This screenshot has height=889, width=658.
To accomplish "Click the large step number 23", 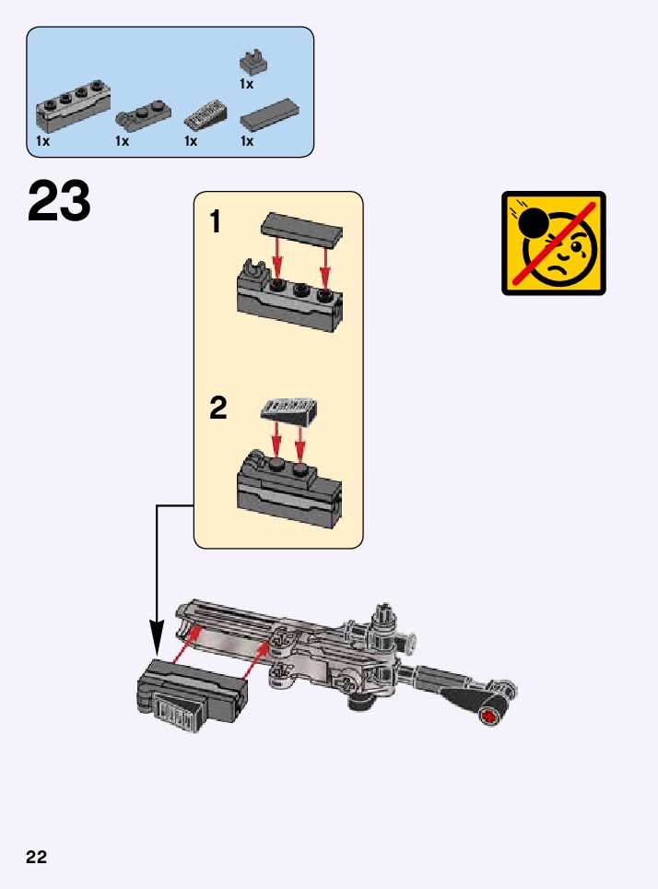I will tap(60, 202).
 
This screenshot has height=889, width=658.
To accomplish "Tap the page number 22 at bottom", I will tap(36, 857).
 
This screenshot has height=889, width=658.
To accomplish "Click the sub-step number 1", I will tap(216, 222).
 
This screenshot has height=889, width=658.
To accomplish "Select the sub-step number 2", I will tap(217, 408).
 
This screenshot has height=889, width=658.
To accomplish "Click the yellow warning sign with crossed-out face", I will tap(554, 243).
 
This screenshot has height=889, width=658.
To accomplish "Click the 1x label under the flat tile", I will tap(247, 141).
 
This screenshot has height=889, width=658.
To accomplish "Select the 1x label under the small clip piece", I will tap(246, 84).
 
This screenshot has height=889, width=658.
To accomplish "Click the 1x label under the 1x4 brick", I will tap(42, 141).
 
